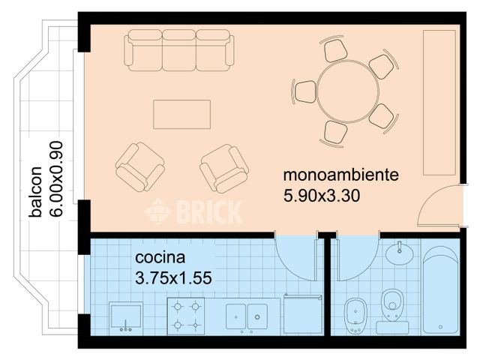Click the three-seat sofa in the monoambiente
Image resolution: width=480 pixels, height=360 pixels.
178,50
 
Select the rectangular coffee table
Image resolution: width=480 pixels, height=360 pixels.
182,114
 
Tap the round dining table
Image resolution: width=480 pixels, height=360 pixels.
347,91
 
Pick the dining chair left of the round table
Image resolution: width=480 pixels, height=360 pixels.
305,91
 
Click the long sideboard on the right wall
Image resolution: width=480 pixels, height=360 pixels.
439,102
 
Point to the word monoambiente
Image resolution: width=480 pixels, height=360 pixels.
340,176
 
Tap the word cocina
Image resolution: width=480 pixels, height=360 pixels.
160,258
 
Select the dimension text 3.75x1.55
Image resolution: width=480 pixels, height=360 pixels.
173,277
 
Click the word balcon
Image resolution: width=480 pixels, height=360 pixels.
35,191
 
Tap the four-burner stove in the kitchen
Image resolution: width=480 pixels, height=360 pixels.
186,315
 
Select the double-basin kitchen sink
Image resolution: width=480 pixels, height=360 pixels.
247,316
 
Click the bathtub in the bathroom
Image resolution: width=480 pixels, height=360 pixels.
439,291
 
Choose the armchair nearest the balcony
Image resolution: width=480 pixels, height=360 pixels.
139,166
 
